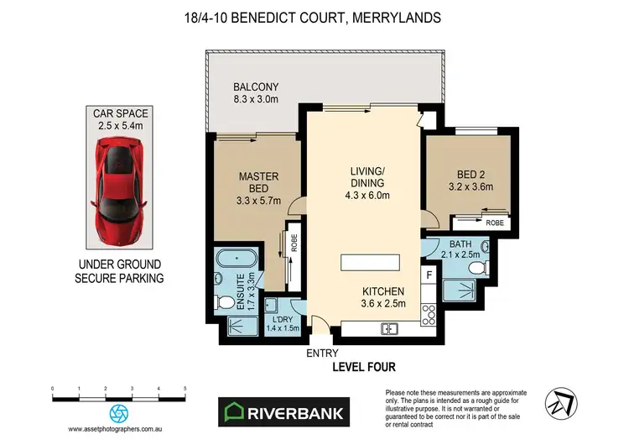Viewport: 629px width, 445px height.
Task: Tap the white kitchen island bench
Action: [x=370, y=262]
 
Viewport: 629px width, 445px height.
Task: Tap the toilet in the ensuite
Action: [x=226, y=302]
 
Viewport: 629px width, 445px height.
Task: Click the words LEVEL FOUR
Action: [x=364, y=367]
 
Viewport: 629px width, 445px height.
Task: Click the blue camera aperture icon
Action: [x=119, y=413]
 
